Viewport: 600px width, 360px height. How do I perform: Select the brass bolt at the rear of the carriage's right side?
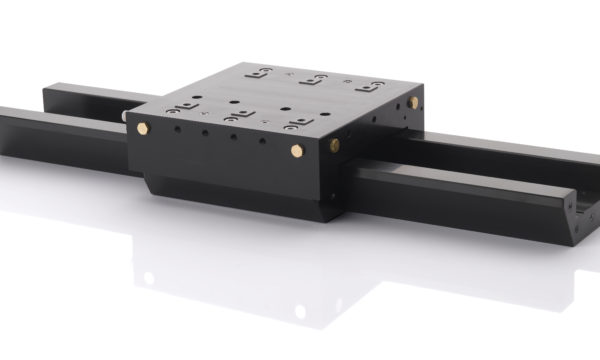[413, 102]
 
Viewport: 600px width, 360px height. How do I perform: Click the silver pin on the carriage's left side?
[125, 116]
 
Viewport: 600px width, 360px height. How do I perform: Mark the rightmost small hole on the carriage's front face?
[263, 143]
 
